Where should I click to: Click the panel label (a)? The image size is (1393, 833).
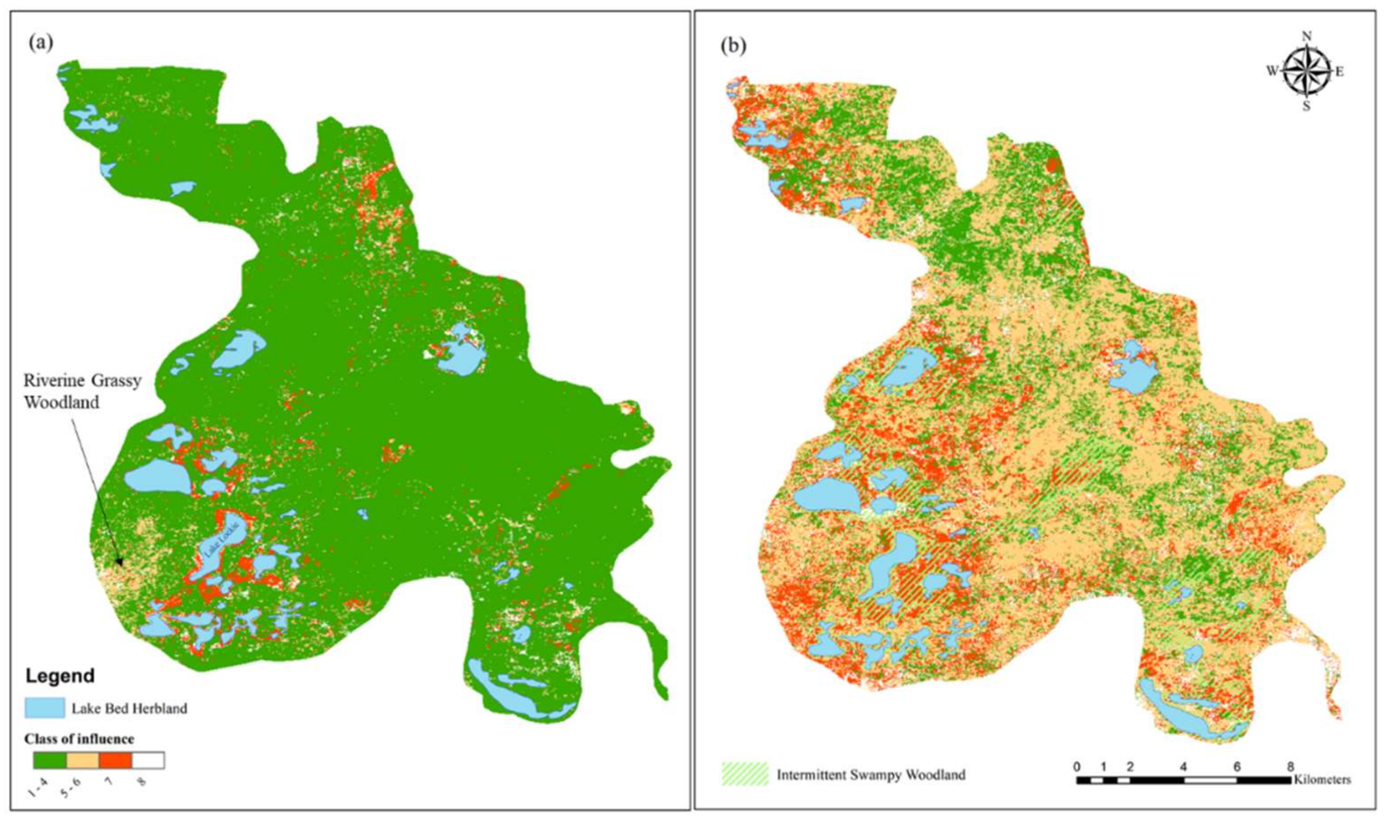pyautogui.click(x=41, y=44)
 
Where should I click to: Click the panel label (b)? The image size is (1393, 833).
pyautogui.click(x=734, y=47)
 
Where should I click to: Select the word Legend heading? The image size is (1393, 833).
pyautogui.click(x=60, y=676)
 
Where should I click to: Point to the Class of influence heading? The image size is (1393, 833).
pyautogui.click(x=78, y=739)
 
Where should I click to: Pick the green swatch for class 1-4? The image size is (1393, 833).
pyautogui.click(x=50, y=760)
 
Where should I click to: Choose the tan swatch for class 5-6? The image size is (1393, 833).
pyautogui.click(x=83, y=760)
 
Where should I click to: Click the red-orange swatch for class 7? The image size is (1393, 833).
pyautogui.click(x=115, y=760)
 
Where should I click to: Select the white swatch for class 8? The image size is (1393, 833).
pyautogui.click(x=148, y=760)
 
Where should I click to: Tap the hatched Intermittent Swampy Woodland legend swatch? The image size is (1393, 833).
pyautogui.click(x=744, y=774)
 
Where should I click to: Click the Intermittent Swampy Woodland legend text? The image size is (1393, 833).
pyautogui.click(x=871, y=775)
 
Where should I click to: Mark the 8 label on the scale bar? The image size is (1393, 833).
pyautogui.click(x=1290, y=766)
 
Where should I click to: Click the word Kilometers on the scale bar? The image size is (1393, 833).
pyautogui.click(x=1322, y=780)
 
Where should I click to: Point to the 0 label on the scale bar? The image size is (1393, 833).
pyautogui.click(x=1076, y=766)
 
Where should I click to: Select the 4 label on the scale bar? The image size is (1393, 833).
pyautogui.click(x=1183, y=766)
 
